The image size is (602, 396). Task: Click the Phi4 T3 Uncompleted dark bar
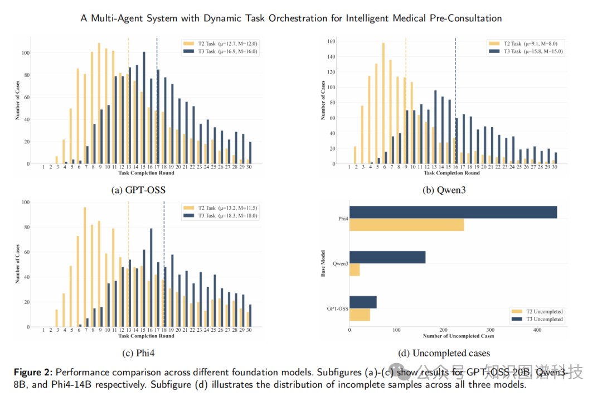(x=453, y=212)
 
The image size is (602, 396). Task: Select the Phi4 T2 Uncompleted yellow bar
(x=406, y=224)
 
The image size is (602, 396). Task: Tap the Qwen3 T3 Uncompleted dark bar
(x=387, y=257)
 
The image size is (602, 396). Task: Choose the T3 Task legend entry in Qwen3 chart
(x=525, y=51)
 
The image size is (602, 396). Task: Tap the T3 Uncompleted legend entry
(x=536, y=319)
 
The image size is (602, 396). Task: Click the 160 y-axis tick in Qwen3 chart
(x=331, y=41)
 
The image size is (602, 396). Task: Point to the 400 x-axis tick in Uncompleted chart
(x=537, y=330)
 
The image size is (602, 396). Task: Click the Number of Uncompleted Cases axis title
(x=458, y=336)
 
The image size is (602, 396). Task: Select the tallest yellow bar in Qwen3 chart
(x=383, y=103)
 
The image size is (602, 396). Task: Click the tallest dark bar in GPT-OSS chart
(x=144, y=108)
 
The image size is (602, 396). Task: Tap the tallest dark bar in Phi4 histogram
(x=151, y=277)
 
